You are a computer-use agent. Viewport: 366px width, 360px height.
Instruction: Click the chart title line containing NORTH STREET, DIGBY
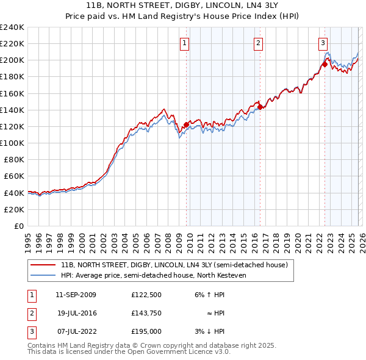click(183, 5)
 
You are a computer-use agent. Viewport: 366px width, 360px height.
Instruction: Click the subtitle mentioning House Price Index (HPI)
click(183, 16)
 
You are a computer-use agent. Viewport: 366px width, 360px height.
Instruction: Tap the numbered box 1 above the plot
click(184, 43)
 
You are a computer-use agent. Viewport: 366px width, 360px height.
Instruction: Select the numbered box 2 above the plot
click(259, 43)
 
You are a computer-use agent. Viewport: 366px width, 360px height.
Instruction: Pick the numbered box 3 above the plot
click(323, 43)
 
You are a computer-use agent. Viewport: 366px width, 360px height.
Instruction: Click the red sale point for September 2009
click(186, 124)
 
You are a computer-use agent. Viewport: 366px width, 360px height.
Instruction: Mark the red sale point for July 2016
click(260, 107)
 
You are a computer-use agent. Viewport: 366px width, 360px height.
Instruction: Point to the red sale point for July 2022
click(325, 64)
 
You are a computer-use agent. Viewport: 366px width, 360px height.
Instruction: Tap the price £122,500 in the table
click(146, 294)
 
